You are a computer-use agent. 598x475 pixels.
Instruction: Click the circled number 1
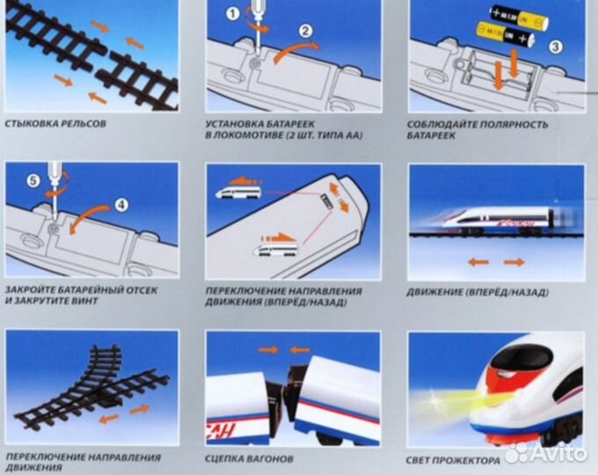[232, 13]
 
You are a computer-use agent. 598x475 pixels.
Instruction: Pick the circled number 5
[33, 183]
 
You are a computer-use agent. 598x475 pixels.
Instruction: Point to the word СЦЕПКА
[229, 459]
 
